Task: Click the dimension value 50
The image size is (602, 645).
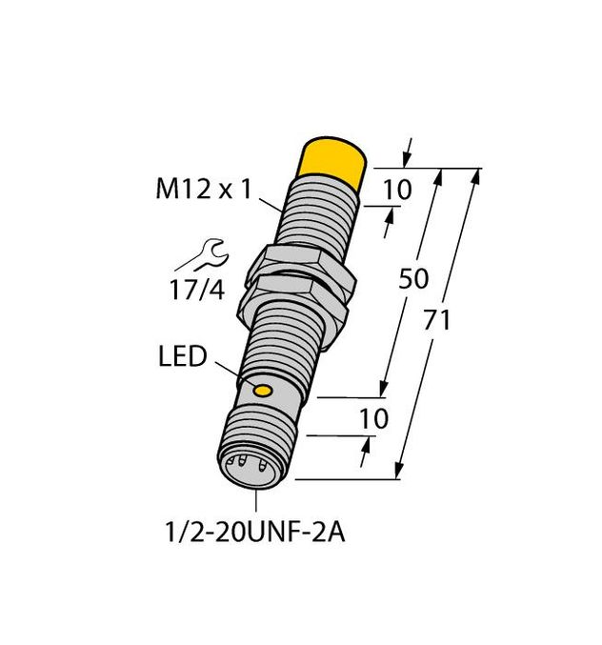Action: coord(413,279)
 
